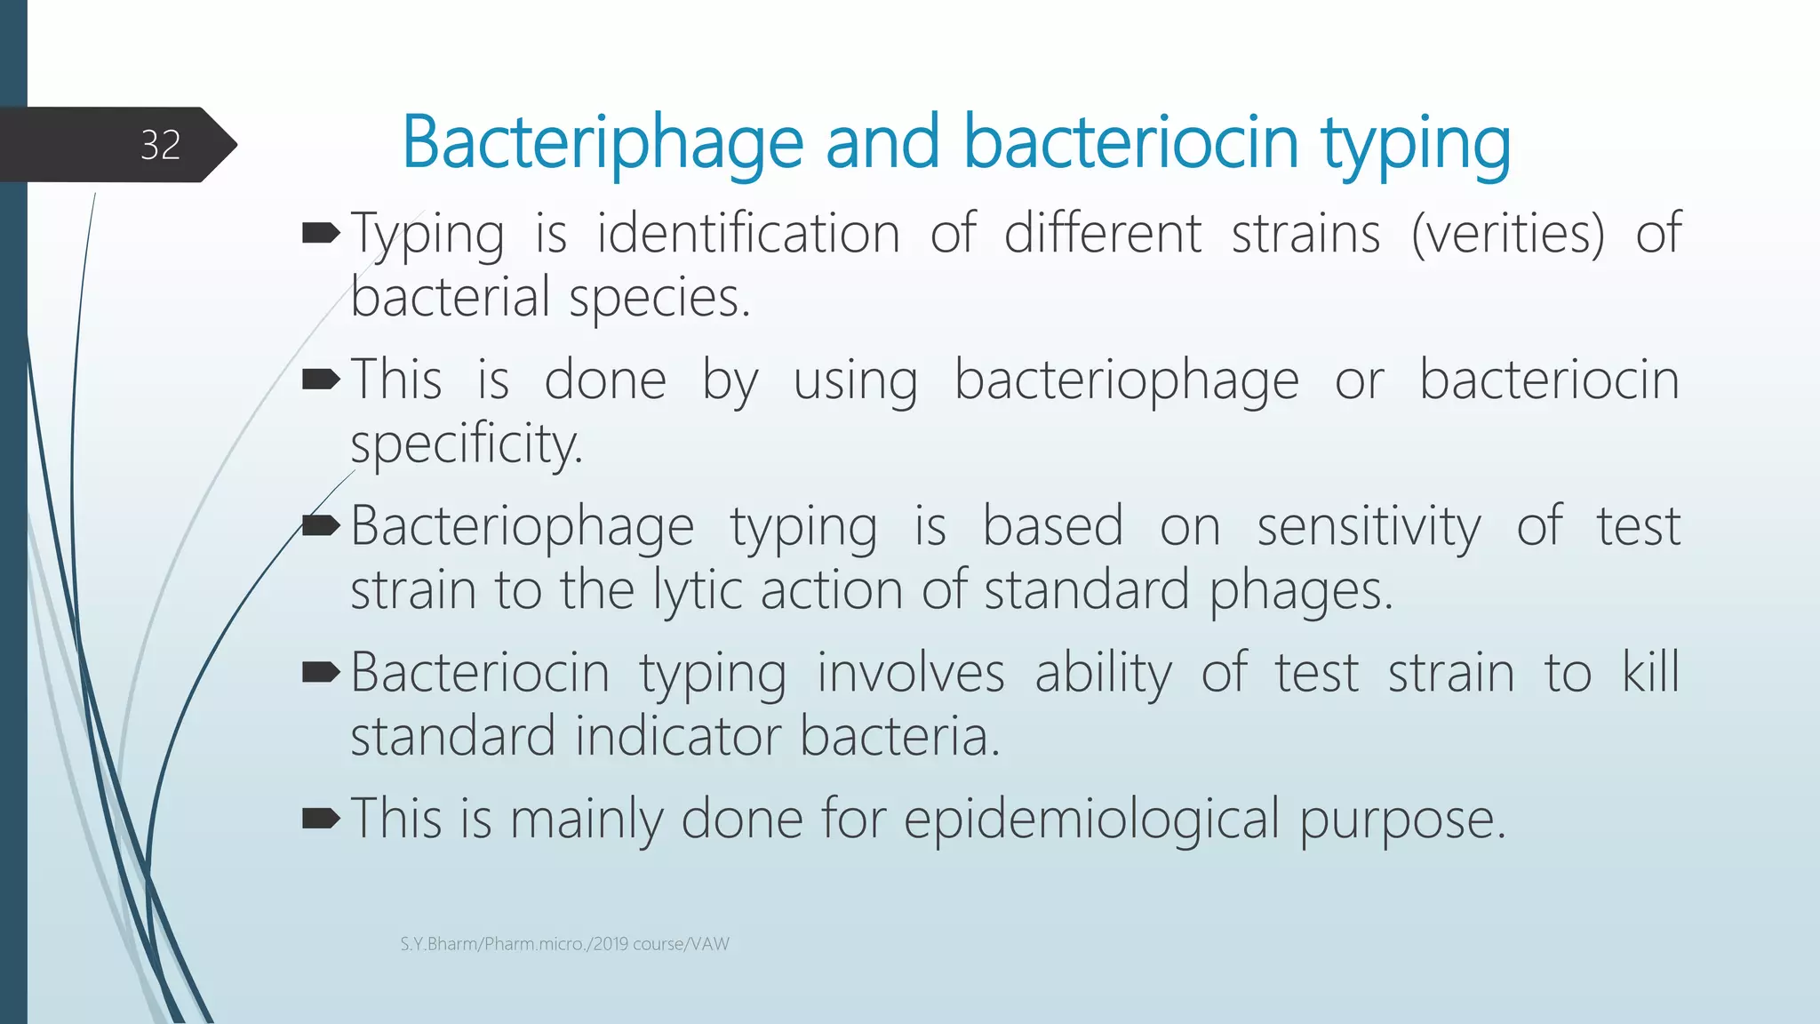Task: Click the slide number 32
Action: click(x=160, y=145)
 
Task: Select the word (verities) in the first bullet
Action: click(x=1508, y=234)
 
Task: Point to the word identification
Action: click(x=748, y=234)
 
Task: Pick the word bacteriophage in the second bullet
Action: click(x=1126, y=380)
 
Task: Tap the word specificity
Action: click(x=466, y=444)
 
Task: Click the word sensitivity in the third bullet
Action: click(x=1369, y=526)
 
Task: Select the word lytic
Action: click(x=698, y=590)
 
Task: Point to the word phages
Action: click(x=1300, y=590)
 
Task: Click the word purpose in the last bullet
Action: click(x=1402, y=820)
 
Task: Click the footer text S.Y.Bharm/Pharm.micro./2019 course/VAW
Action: click(x=564, y=944)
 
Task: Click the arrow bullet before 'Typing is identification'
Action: click(x=321, y=234)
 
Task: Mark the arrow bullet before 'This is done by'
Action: click(x=321, y=380)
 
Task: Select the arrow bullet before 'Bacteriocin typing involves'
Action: click(x=321, y=672)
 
